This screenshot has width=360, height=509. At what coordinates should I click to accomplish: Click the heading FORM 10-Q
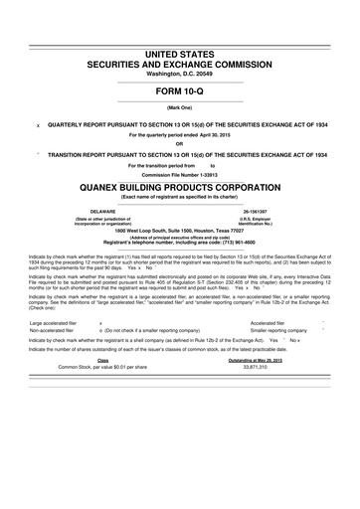point(180,89)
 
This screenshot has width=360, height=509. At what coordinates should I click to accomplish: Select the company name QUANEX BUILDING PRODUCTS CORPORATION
point(180,184)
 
